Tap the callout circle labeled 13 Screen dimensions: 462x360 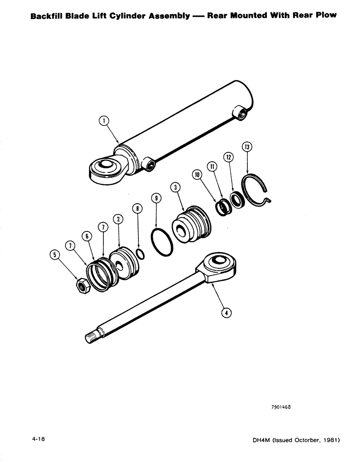248,148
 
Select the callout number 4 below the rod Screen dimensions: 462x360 226,313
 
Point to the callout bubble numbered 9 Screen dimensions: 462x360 156,199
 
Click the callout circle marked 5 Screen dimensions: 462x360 55,254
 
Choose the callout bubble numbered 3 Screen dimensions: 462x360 175,187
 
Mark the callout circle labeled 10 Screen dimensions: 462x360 198,175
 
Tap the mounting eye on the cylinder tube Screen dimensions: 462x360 107,167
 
